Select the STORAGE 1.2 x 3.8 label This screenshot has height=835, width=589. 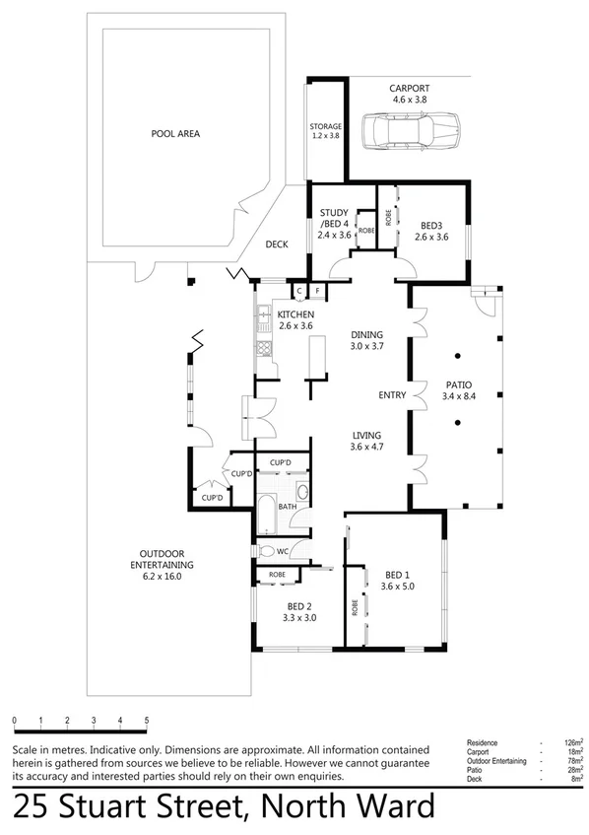click(x=326, y=131)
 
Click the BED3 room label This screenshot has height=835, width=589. click(x=431, y=231)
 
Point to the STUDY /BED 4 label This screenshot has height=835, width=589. click(x=336, y=224)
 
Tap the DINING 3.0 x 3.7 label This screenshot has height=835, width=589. click(x=365, y=340)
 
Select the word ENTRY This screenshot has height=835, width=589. click(x=392, y=395)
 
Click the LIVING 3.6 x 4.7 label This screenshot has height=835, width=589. click(x=365, y=441)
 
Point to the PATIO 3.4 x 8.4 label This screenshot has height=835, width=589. click(x=459, y=391)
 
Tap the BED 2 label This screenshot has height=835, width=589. click(x=300, y=612)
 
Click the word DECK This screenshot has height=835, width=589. click(x=277, y=244)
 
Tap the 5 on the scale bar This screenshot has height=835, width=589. click(x=146, y=722)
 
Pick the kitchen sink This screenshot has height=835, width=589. click(x=263, y=319)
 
